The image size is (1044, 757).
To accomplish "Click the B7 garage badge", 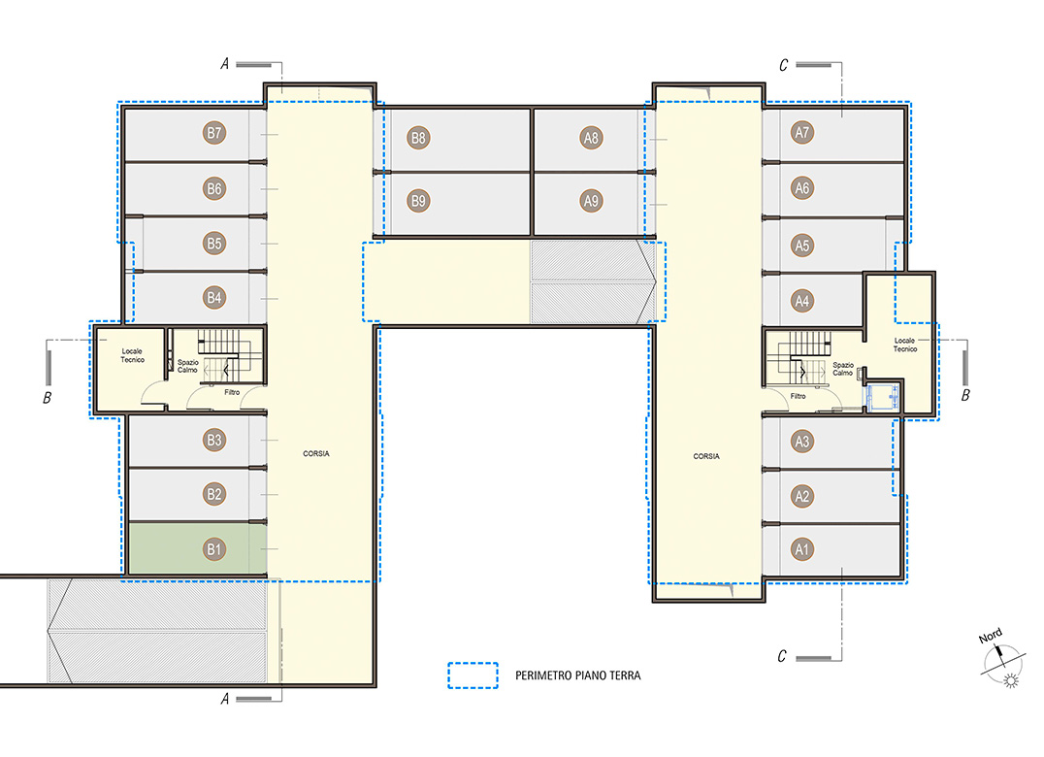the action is point(213,133).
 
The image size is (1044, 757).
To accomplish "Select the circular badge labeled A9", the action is point(591,200).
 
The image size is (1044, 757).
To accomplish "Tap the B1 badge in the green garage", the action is point(213,549).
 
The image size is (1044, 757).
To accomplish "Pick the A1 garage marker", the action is point(802,549).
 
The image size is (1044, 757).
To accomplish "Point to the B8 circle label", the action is point(418,138).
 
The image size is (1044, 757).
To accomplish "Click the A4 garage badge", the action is point(802,301).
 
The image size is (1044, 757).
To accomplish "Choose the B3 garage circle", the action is point(213,440).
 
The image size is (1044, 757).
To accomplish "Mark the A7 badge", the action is point(802,133).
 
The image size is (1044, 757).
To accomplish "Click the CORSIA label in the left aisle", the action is point(316,453).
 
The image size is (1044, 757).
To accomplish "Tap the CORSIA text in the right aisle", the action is point(706,456).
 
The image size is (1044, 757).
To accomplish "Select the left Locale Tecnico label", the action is point(133,355).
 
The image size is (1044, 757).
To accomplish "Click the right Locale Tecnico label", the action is point(905,345).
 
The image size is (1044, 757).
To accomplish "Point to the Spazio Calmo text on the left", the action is point(188,366).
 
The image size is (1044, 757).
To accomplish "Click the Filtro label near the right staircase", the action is point(799,396).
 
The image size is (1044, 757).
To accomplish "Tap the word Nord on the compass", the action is point(990,636).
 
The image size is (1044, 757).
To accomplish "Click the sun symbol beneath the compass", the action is point(1011,680).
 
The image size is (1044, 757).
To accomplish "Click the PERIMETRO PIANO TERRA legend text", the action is point(578,675).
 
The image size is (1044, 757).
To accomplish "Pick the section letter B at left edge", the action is point(48,398).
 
